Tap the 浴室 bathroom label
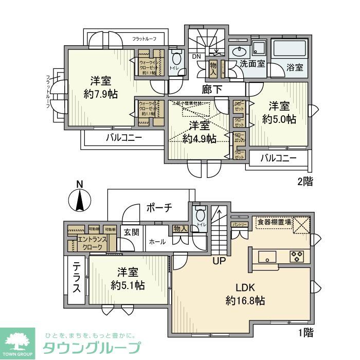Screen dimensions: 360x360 point(295,67)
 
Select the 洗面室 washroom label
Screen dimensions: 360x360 point(253,64)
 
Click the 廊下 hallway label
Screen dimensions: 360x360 point(212,89)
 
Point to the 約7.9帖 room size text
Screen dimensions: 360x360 point(101,94)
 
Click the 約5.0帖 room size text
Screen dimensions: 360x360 point(279,119)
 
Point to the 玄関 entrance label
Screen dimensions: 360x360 point(131,232)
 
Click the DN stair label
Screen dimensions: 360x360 point(196,57)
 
